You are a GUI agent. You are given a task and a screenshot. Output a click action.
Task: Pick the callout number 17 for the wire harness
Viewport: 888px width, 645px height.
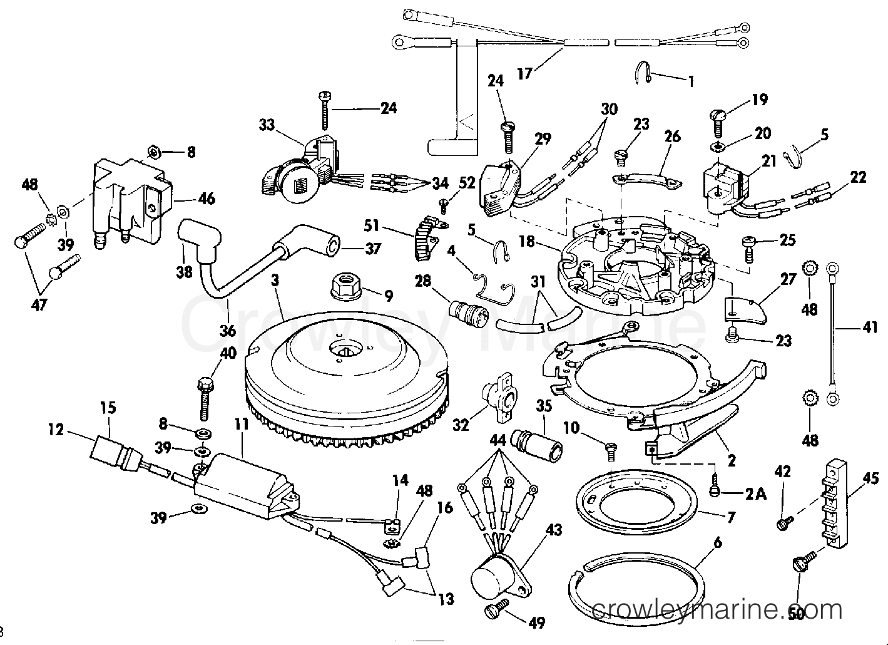tap(524, 73)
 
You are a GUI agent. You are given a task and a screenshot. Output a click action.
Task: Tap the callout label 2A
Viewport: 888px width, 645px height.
tap(755, 494)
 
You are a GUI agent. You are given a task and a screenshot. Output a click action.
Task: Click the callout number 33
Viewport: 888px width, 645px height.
tap(267, 125)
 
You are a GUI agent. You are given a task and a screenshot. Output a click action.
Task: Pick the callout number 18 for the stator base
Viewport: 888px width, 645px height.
tap(527, 241)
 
